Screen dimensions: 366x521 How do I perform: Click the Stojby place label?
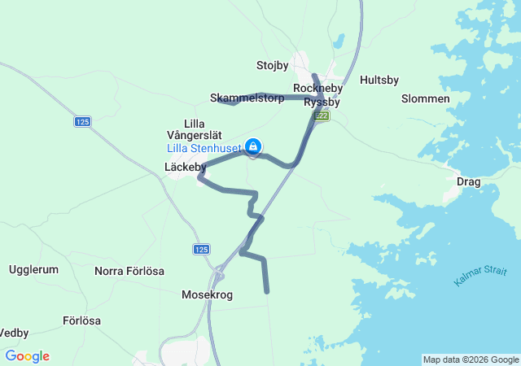click(x=272, y=65)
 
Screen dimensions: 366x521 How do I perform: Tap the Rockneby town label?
click(x=317, y=88)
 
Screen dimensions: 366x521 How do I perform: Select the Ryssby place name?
click(x=321, y=102)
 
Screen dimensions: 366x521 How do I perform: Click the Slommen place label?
click(x=426, y=98)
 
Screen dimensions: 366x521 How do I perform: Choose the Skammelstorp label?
click(x=247, y=98)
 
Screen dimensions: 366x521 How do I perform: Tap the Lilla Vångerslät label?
click(x=190, y=129)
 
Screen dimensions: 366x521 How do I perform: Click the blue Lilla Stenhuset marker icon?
click(x=253, y=146)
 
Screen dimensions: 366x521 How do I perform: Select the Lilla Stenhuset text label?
click(x=204, y=148)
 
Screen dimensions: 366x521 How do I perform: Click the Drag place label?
click(x=469, y=181)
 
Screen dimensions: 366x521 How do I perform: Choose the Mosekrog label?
click(x=208, y=295)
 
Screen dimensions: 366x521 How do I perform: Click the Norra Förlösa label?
click(x=129, y=271)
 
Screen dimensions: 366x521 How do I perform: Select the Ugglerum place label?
click(x=33, y=269)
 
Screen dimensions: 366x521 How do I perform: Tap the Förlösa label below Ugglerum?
click(x=81, y=320)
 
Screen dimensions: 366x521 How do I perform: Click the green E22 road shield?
click(x=322, y=116)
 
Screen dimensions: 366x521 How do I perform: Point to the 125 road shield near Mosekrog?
click(x=203, y=249)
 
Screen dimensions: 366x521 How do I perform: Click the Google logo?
click(x=27, y=356)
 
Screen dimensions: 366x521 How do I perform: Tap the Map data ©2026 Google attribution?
click(x=470, y=359)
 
